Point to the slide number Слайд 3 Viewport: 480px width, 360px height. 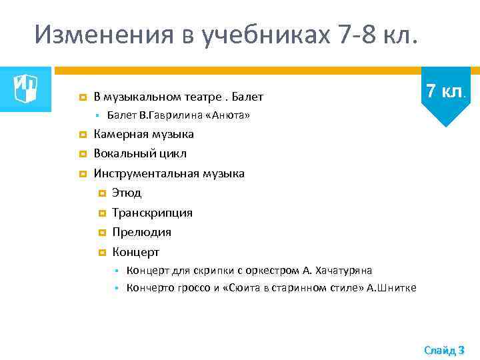[444, 350]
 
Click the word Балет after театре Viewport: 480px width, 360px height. [248, 97]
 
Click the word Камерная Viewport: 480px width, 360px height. [121, 135]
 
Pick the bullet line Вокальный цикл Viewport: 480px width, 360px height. [140, 154]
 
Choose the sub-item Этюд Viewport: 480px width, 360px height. [127, 193]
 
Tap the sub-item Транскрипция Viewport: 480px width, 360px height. [152, 213]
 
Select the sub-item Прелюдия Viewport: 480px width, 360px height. [141, 232]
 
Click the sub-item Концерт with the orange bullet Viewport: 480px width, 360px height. [135, 252]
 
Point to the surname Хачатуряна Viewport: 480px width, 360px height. [345, 270]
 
